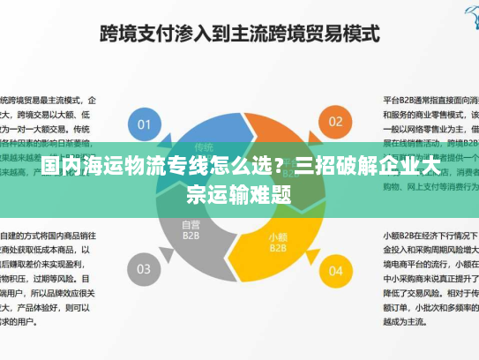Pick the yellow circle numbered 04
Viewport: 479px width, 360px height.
[335, 269]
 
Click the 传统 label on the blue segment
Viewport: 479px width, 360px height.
[204, 146]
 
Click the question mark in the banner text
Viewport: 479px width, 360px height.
[281, 167]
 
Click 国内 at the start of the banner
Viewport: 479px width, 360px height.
[58, 167]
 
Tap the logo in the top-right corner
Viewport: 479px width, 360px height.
[468, 11]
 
